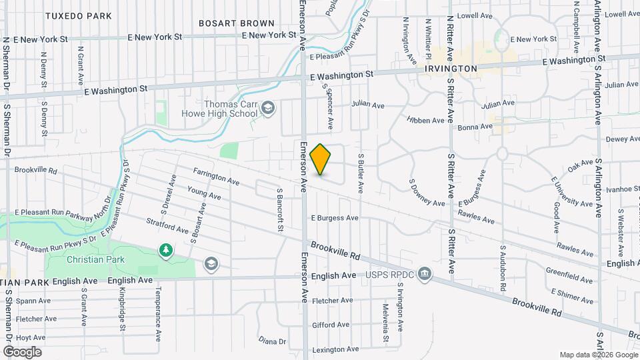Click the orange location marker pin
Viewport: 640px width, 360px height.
pos(321,159)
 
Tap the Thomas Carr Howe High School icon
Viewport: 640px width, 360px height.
pos(268,109)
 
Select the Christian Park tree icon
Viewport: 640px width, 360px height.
pos(165,251)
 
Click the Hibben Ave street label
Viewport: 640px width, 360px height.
pos(425,120)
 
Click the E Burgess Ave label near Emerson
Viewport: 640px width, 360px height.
pos(335,218)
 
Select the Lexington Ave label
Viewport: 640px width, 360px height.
pos(331,349)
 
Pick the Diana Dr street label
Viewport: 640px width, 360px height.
pos(272,341)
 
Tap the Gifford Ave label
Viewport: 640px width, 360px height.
pos(327,325)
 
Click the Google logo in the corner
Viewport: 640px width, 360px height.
pos(22,351)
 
